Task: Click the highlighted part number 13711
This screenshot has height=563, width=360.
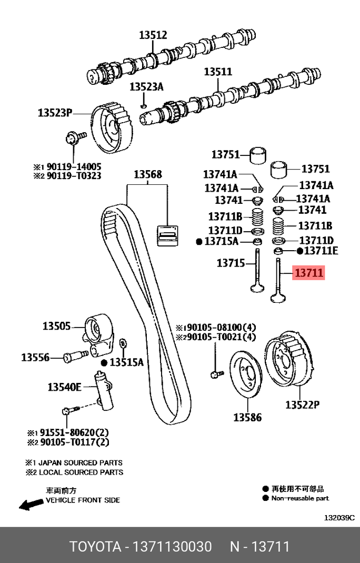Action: tap(308, 273)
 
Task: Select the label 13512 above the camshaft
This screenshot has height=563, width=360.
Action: tap(153, 35)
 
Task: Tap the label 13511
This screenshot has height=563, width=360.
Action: tap(218, 72)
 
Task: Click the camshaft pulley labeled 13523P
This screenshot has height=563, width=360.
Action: tap(114, 129)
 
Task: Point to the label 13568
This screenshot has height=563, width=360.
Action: tap(147, 174)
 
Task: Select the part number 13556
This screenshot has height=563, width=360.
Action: tap(35, 358)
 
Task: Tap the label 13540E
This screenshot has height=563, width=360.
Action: tap(65, 387)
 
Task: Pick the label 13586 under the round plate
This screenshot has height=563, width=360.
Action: tap(247, 418)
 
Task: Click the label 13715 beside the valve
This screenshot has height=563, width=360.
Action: tap(231, 262)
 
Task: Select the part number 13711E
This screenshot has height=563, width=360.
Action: tap(321, 251)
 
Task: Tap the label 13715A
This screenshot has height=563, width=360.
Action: tap(221, 241)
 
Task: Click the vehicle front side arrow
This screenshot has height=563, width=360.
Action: tap(31, 505)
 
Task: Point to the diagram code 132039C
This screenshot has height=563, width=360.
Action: tap(339, 517)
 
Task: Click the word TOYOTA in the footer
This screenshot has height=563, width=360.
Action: tap(95, 546)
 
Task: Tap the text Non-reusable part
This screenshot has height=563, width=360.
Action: tap(300, 498)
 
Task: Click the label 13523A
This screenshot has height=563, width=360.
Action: tap(147, 87)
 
